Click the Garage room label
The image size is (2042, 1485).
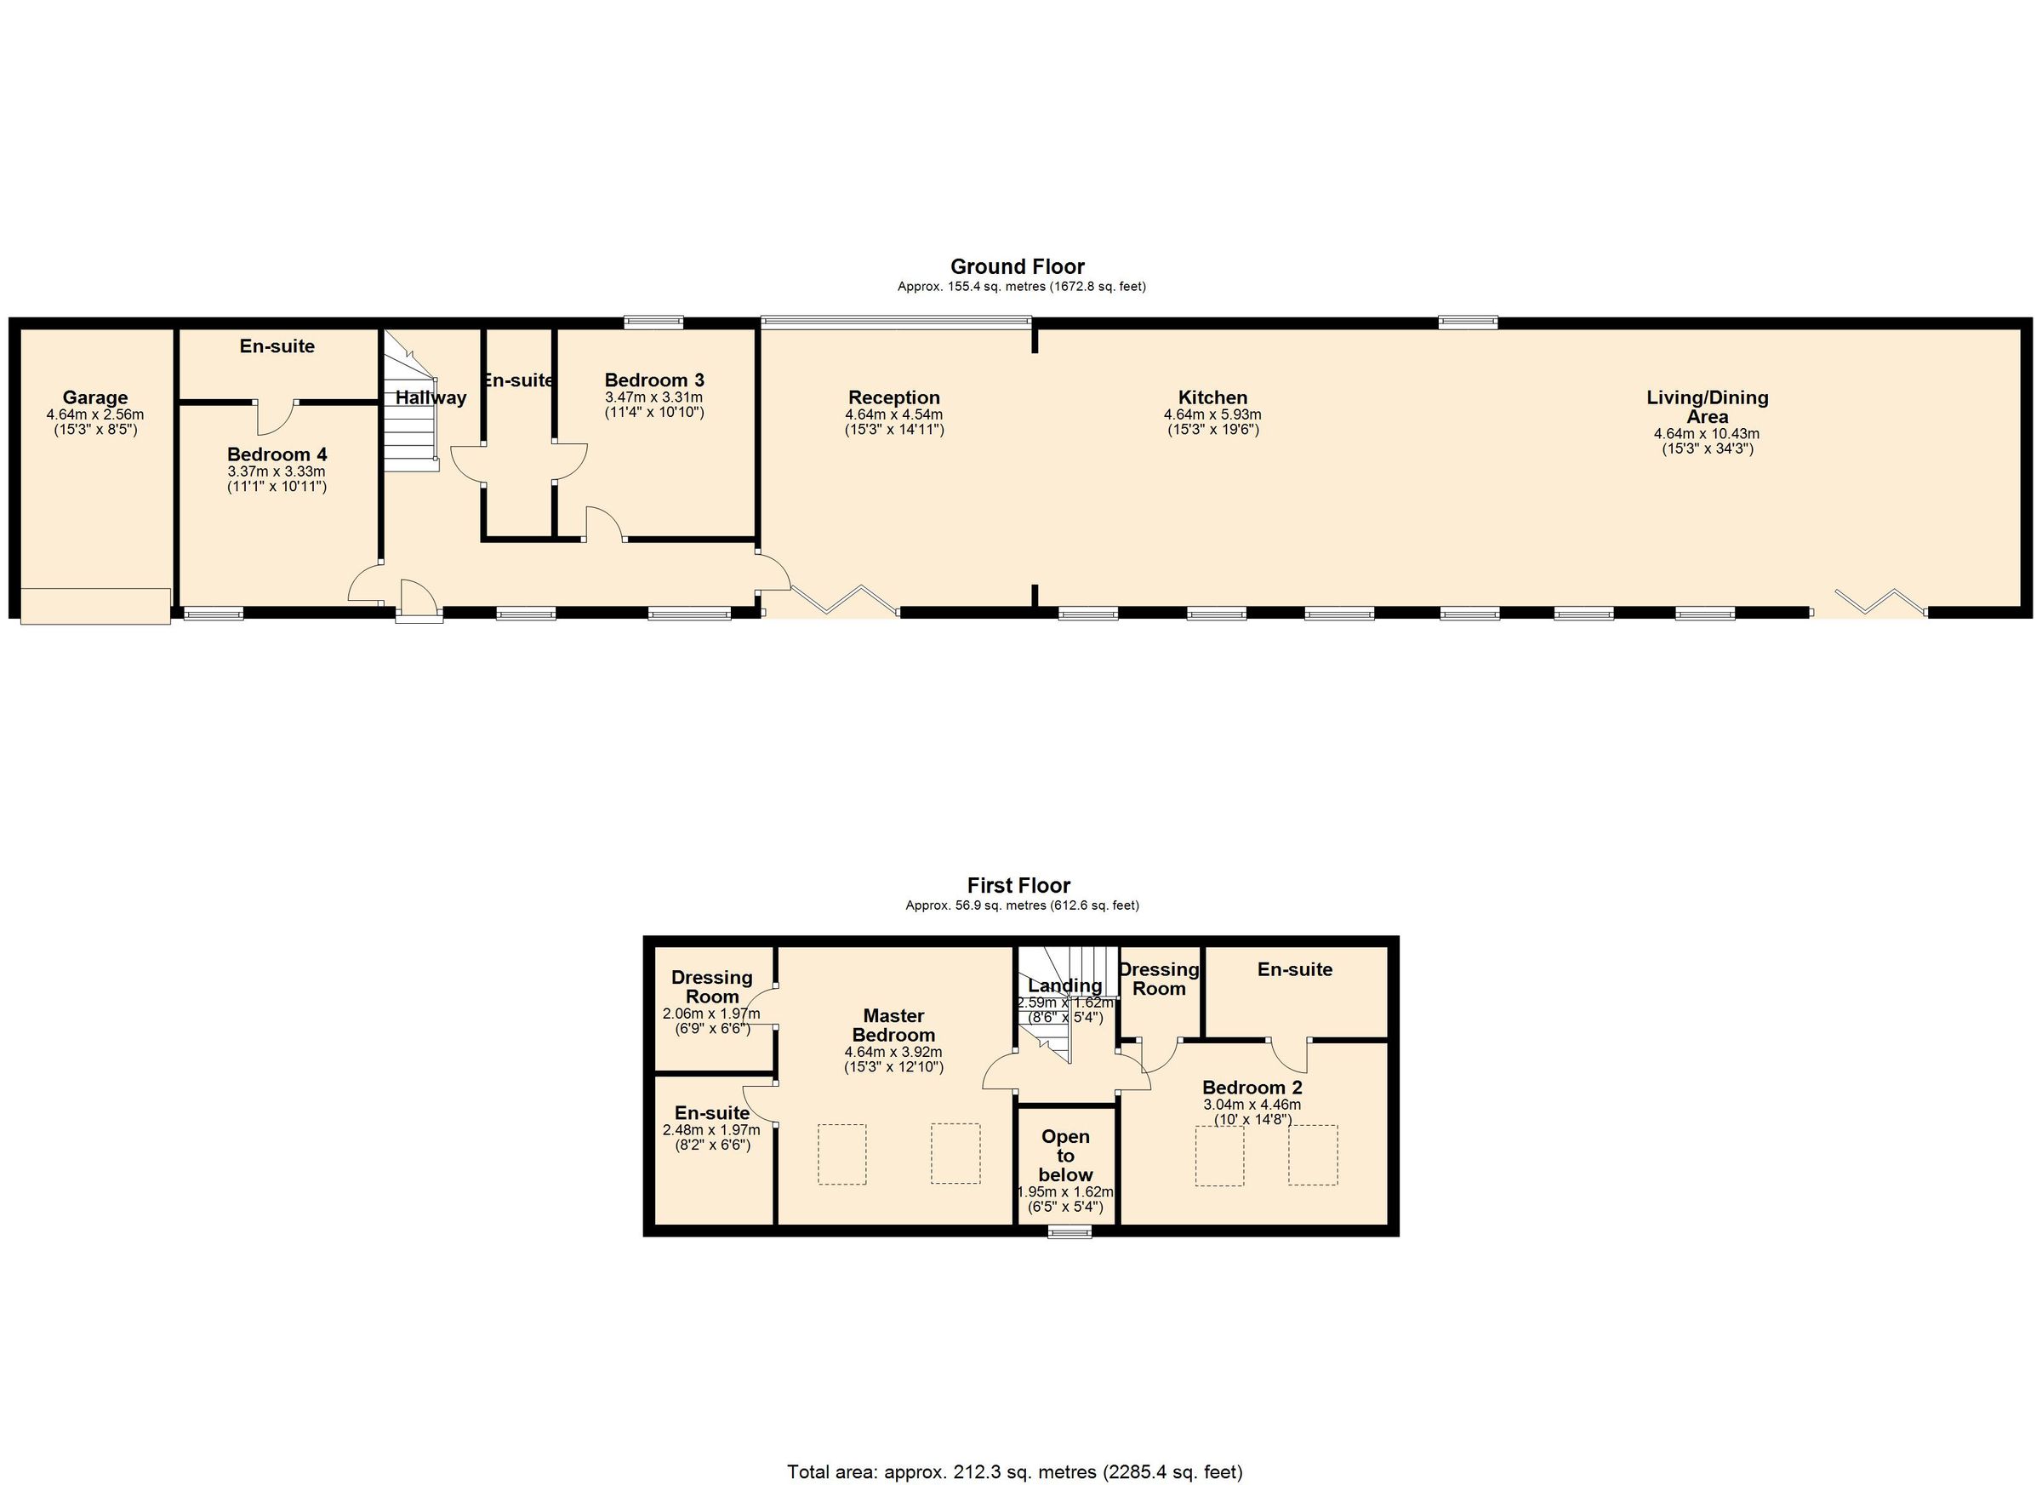coord(94,397)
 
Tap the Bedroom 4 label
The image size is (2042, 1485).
coord(277,454)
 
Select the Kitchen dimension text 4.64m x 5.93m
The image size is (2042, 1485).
coord(1212,415)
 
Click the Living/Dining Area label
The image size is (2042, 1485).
coord(1707,406)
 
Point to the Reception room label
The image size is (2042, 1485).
coord(893,397)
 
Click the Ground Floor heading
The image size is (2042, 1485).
coord(1018,266)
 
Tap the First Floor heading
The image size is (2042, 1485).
coord(1018,885)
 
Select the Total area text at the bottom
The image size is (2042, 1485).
coord(1015,1471)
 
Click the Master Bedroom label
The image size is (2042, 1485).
coord(893,1025)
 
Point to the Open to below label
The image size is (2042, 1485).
coord(1065,1156)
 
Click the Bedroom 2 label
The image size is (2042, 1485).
coord(1252,1087)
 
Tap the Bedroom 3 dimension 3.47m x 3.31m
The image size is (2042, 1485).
coord(653,397)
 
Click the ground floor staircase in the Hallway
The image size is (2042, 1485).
coord(413,405)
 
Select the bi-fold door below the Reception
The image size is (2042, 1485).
coord(845,601)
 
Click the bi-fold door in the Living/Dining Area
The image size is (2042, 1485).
coord(1881,601)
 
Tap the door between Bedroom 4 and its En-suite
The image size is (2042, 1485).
coord(276,416)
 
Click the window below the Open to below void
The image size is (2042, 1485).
coord(1069,1233)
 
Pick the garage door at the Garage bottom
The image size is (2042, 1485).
coord(95,605)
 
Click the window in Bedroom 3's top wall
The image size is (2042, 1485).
coord(653,321)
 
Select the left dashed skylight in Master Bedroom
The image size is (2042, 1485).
coord(841,1154)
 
